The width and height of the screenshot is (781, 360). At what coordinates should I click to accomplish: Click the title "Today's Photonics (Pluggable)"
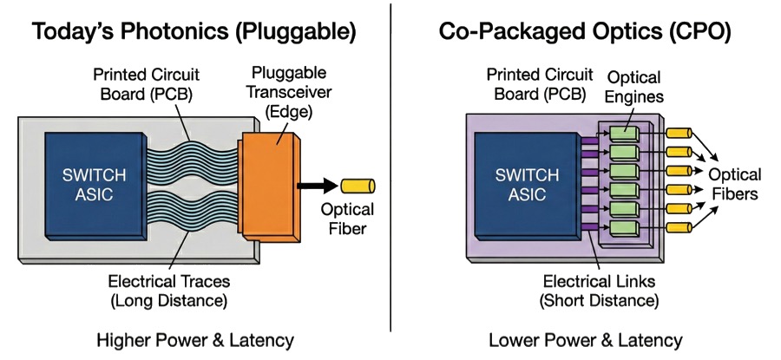pos(194,33)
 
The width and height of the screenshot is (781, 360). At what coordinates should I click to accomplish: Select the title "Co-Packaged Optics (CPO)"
pos(584,33)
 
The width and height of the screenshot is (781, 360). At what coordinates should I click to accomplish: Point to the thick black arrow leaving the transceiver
pos(318,185)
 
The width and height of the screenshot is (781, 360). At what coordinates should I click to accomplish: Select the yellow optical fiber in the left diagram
pos(355,185)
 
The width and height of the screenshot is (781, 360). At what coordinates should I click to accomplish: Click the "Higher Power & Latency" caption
pos(194,339)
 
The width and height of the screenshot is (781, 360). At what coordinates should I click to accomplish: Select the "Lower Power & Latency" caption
pos(586,339)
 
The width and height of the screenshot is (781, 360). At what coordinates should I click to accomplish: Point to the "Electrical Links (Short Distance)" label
pos(600,291)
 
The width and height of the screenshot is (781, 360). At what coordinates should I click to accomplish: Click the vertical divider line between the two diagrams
pos(390,173)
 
